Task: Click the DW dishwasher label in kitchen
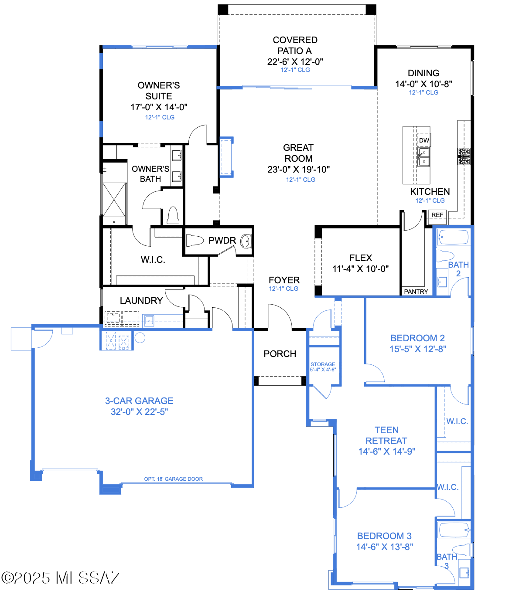424,140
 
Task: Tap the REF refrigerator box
437,215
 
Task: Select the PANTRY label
416,292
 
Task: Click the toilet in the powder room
195,240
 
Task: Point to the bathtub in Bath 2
453,238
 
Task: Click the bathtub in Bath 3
454,530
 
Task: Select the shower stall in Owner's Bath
114,200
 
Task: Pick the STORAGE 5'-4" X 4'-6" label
323,367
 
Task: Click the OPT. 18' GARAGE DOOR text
173,479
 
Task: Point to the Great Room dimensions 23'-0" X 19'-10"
298,170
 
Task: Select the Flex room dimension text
360,269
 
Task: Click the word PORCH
280,354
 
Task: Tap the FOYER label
284,280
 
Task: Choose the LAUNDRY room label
141,301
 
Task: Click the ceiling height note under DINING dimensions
424,92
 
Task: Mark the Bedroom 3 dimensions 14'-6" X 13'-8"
384,547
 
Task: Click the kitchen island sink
424,157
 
